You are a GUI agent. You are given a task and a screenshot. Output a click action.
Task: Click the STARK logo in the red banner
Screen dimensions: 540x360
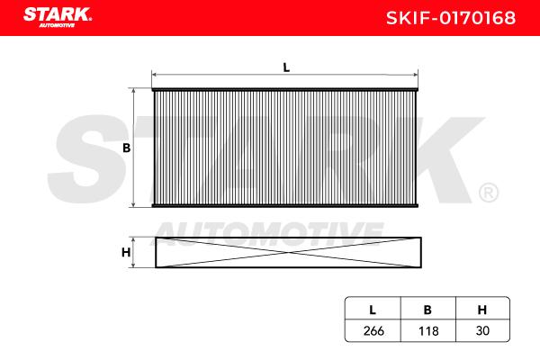58,17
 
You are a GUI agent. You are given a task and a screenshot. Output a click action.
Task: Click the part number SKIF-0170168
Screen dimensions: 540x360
451,18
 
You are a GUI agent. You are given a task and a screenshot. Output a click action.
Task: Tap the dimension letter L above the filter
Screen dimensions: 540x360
286,67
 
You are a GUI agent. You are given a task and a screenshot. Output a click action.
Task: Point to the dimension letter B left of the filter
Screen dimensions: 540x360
126,148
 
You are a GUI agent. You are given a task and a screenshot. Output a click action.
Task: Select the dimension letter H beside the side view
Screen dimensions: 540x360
126,253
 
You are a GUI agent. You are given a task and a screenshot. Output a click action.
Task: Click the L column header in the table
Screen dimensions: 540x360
373,310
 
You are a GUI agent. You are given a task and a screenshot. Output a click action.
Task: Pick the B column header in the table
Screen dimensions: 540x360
427,310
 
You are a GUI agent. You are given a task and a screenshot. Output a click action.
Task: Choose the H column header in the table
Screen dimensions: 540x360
482,310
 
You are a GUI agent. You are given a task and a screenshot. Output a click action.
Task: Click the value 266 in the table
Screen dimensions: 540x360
373,330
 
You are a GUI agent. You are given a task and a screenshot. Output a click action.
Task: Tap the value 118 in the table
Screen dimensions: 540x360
428,331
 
